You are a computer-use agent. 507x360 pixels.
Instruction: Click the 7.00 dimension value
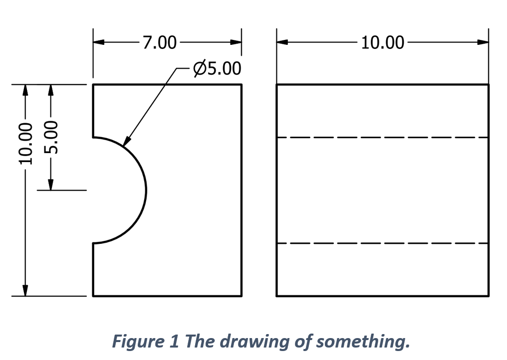(x=160, y=43)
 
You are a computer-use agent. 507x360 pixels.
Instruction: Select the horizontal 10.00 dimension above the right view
(x=382, y=43)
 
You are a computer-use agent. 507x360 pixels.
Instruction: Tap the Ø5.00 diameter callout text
(x=218, y=68)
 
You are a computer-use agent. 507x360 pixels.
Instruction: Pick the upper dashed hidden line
(x=382, y=137)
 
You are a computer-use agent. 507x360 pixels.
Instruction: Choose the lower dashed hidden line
(x=382, y=243)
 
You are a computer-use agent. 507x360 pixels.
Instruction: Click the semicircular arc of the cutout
(x=146, y=190)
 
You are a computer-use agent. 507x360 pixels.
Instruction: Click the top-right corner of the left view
(x=242, y=85)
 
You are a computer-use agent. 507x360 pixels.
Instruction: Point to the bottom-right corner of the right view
(x=489, y=296)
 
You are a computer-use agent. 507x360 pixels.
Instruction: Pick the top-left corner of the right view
(x=277, y=85)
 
